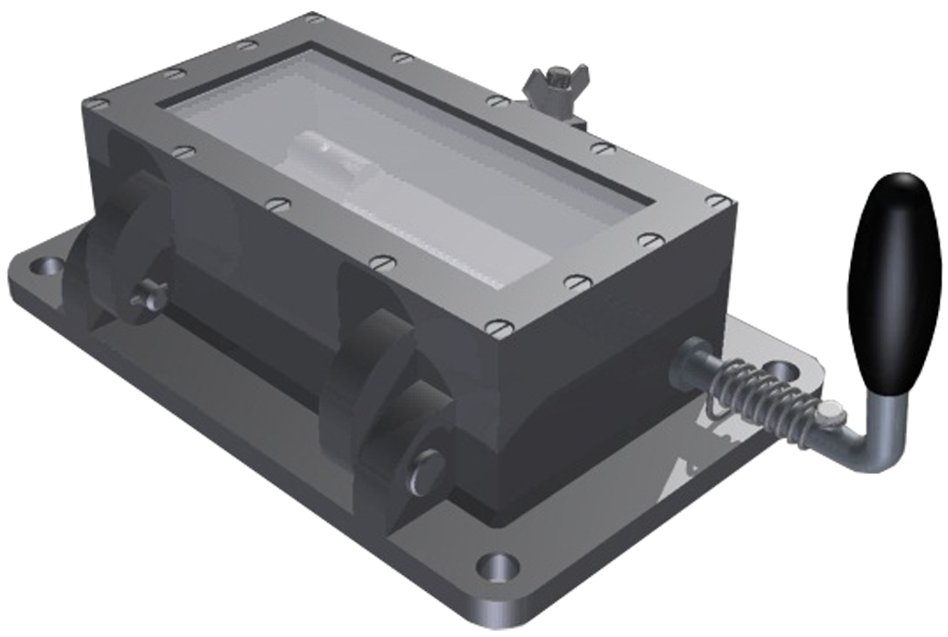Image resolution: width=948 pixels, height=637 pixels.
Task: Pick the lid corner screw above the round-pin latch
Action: point(501,327)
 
